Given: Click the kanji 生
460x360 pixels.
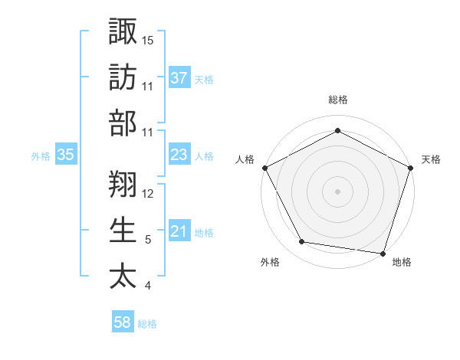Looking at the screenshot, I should point(123,228).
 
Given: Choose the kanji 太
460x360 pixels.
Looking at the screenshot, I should point(123,274).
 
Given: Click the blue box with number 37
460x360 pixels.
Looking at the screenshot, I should point(179,78).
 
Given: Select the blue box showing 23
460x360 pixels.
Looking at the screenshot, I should point(179,155).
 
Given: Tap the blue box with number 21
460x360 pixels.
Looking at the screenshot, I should point(179,232).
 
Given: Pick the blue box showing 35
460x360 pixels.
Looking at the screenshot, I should point(66,155).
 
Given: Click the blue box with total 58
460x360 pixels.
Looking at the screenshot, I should point(123,323).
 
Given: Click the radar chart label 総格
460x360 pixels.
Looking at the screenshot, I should point(338,100).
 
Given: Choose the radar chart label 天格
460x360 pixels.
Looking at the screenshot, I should point(431,159).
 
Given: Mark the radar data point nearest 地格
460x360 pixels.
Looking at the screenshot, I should point(383,253).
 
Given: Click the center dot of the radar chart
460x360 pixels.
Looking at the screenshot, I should point(338,191).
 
